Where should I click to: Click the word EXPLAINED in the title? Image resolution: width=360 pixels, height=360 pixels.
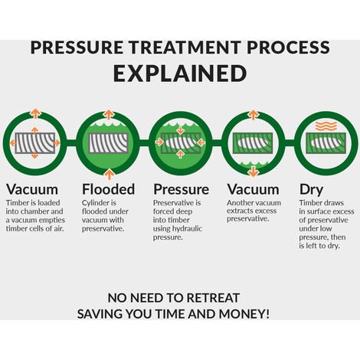coord(180,74)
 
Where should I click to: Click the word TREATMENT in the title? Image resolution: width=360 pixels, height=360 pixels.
coord(185,47)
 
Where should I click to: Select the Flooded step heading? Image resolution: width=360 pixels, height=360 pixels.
coord(108,189)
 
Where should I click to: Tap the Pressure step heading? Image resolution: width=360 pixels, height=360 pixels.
coord(181,189)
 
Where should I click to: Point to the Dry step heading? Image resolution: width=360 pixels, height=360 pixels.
coord(311,190)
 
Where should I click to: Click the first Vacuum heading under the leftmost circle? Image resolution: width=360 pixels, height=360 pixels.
coord(32,189)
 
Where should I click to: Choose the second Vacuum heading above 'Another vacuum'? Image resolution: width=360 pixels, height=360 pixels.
coord(253,189)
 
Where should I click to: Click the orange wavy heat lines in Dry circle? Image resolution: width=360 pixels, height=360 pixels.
coord(326,126)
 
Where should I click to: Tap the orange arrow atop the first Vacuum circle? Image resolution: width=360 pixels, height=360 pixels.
coord(35,113)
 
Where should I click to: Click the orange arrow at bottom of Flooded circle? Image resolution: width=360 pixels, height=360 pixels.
coord(110,175)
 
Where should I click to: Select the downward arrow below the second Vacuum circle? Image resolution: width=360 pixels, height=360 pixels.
coord(253,171)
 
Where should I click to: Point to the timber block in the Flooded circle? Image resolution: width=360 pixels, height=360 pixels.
coord(108,143)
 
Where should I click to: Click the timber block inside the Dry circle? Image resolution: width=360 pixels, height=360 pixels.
coord(326,143)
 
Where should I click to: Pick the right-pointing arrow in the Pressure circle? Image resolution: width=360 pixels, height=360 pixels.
coord(159,142)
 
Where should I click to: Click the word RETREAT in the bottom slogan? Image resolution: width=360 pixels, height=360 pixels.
coord(213,298)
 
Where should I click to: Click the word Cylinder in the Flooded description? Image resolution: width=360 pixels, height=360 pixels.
coord(93,203)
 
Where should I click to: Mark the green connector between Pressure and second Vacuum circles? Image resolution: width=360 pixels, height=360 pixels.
coord(217,143)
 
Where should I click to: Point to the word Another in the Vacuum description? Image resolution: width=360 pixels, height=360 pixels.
coord(238,203)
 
